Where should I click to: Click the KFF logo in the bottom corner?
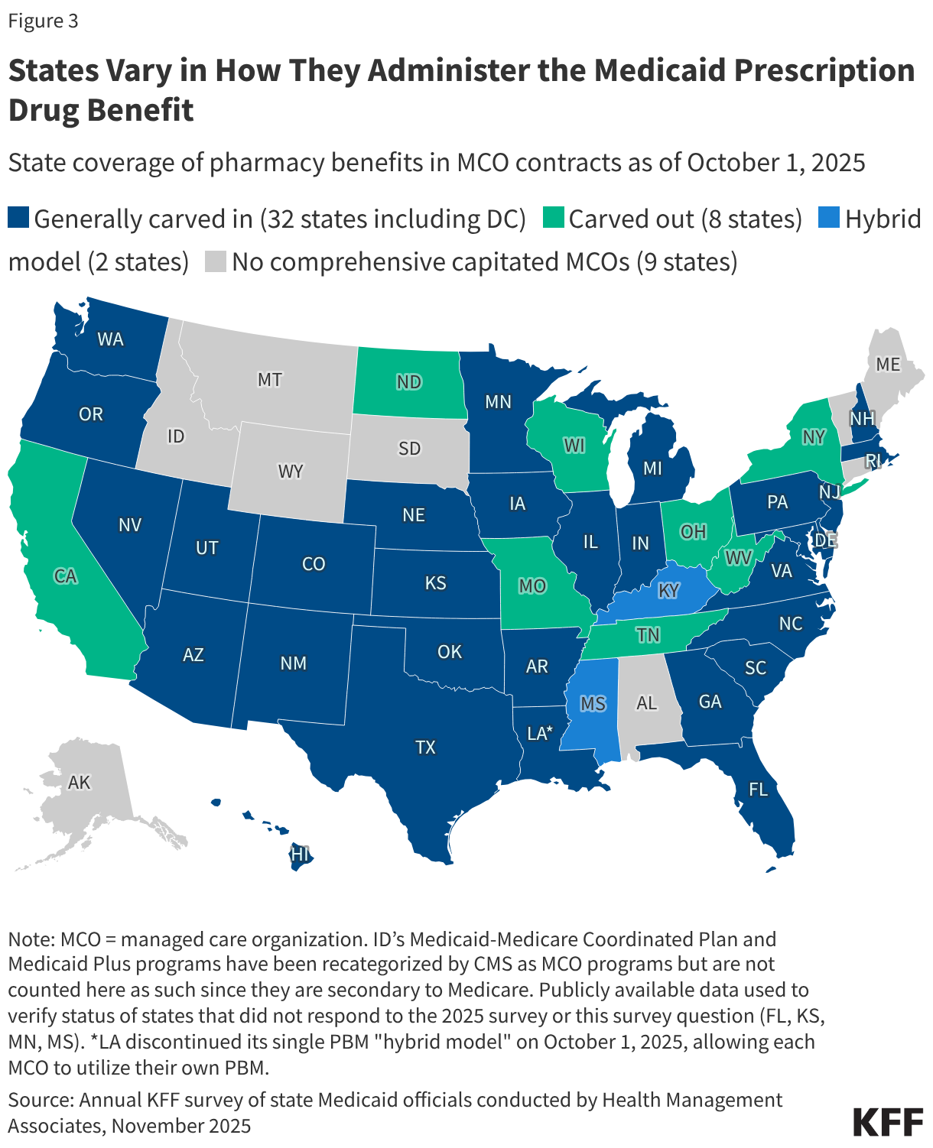[888, 1121]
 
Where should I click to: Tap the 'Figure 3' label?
[43, 21]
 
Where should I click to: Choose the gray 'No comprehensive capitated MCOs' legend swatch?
[216, 261]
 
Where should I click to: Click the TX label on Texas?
[425, 747]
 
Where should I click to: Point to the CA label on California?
[66, 576]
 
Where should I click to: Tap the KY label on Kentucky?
[668, 591]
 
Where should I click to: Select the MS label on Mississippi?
[593, 703]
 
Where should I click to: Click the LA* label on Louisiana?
[540, 734]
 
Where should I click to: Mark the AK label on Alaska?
[79, 782]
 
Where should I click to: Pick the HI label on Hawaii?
[300, 854]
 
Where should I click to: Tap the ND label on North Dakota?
[409, 381]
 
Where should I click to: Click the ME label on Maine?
[888, 365]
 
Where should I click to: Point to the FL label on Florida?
[758, 789]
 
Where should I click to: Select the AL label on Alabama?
[646, 702]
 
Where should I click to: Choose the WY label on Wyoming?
[291, 471]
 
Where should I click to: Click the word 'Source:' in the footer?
[41, 1099]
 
